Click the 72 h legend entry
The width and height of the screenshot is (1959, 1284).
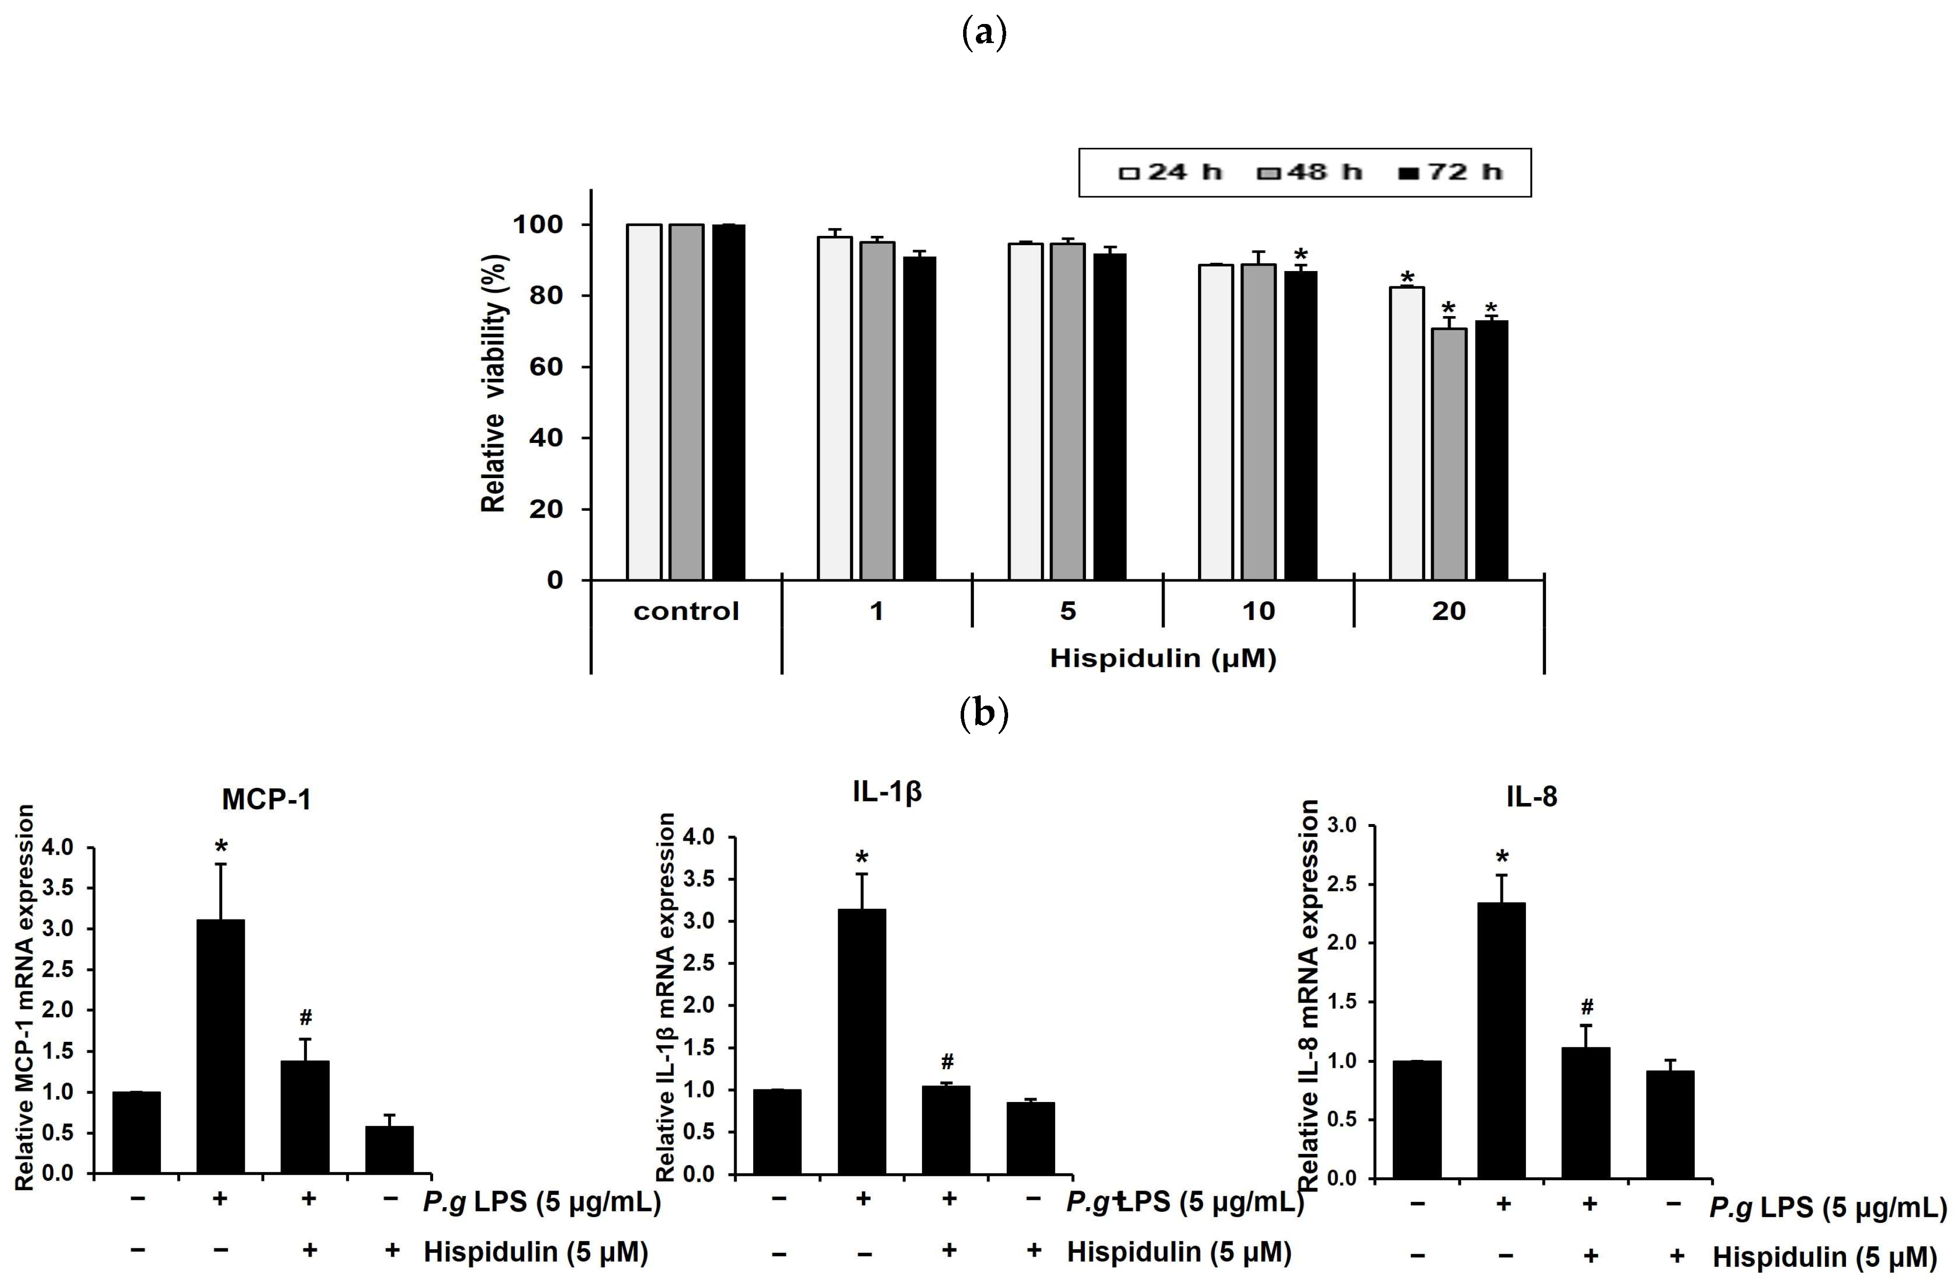click(1453, 172)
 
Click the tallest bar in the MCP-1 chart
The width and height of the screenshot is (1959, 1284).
click(221, 1045)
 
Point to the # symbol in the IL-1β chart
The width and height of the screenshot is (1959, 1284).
click(947, 1061)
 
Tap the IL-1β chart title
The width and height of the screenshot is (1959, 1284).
click(886, 791)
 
